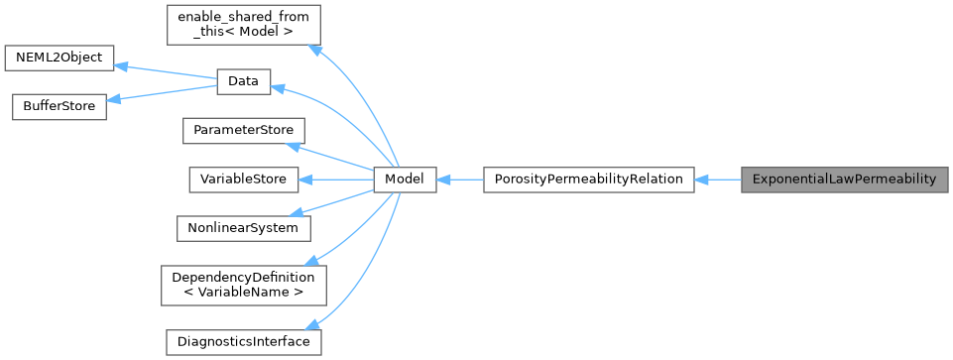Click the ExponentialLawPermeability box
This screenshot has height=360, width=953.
[844, 180]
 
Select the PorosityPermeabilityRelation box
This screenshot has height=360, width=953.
[588, 180]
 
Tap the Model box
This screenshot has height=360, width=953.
[405, 180]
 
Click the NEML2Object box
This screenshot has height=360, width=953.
[60, 58]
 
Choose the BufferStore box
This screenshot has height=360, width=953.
[59, 106]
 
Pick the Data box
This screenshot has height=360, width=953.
[243, 82]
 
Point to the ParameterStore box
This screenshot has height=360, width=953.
[243, 131]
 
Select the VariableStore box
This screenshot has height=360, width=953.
[243, 180]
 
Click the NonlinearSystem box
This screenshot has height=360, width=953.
[243, 228]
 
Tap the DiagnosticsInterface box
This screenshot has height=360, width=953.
[243, 341]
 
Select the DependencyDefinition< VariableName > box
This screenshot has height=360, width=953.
[243, 285]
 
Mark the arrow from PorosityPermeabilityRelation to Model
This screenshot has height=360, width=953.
[459, 180]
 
